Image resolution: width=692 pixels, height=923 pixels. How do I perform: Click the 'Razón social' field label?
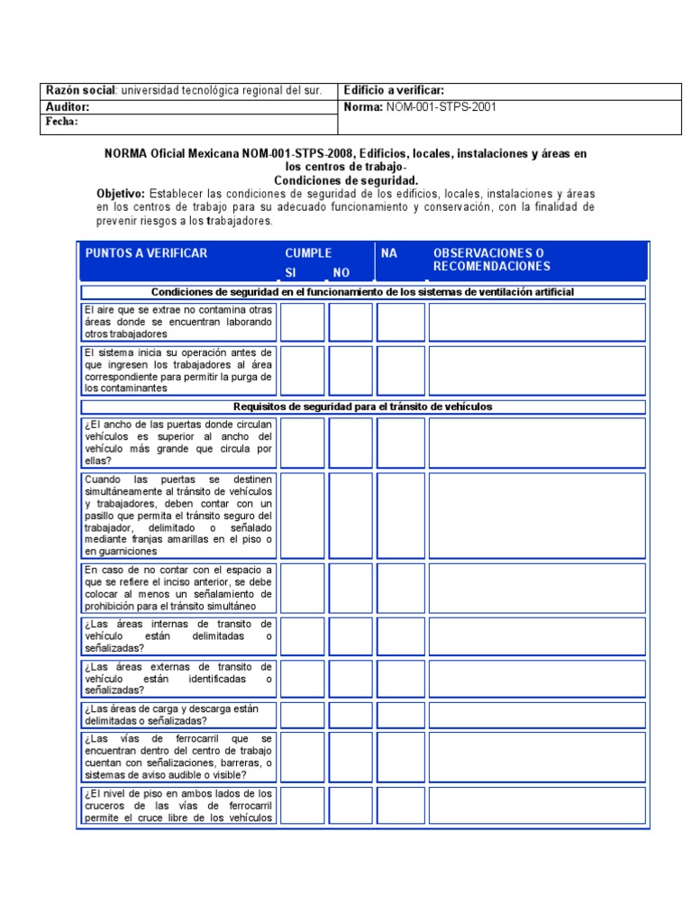(80, 91)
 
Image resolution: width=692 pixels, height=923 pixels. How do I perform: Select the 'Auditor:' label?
(68, 107)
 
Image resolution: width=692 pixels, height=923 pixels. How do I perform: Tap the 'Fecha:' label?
(62, 122)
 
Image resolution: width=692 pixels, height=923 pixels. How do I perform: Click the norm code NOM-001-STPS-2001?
(442, 106)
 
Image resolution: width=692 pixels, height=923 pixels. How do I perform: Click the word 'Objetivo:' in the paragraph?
(121, 194)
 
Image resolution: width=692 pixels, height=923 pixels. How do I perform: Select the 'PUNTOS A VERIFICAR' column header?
(146, 253)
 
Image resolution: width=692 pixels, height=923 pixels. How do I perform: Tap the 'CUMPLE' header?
(308, 253)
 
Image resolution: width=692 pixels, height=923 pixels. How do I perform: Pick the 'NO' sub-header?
(341, 272)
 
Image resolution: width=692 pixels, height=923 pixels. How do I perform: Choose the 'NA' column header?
(389, 253)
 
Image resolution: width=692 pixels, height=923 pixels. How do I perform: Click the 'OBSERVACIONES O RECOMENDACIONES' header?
(491, 260)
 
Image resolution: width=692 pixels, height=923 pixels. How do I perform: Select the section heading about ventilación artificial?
(362, 292)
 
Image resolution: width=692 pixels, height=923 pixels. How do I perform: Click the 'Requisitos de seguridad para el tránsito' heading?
(362, 407)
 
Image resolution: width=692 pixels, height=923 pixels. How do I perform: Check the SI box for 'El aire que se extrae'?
(302, 322)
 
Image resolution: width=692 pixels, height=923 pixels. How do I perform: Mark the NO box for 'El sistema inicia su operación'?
(351, 370)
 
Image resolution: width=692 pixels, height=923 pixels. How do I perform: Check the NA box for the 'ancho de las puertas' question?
(400, 443)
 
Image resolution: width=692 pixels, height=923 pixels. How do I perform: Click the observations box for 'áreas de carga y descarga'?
(537, 715)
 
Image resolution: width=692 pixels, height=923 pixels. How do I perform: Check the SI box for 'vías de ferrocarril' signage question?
(302, 756)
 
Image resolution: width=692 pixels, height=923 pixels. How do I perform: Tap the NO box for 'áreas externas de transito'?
(351, 678)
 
